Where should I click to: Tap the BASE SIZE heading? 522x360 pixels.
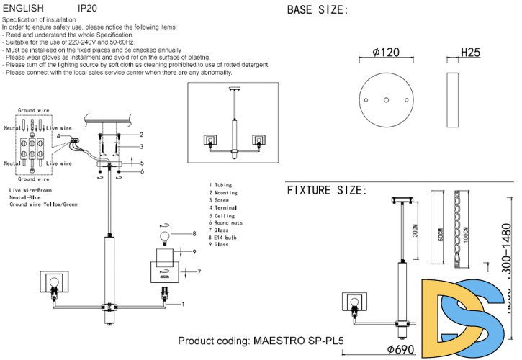318,10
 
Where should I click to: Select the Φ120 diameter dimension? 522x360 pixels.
387,53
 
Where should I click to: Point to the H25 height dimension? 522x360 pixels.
470,53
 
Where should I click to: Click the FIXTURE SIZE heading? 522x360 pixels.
327,190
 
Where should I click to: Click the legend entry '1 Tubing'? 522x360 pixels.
222,186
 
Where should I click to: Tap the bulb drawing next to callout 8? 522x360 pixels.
163,235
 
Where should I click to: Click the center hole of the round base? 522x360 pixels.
387,100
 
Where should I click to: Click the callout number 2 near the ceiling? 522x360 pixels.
142,135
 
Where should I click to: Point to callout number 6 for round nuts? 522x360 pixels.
143,171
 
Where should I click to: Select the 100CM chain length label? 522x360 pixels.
466,235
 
